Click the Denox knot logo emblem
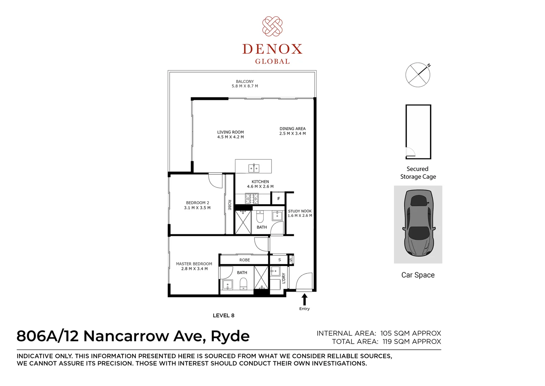[x=272, y=26]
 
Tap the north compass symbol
[x=418, y=75]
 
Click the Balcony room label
[x=245, y=84]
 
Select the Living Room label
[x=231, y=134]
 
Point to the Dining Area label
[x=292, y=131]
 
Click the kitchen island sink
[x=254, y=168]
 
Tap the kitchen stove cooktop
[x=252, y=198]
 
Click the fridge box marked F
[x=278, y=198]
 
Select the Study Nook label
[x=300, y=213]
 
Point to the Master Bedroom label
[x=194, y=266]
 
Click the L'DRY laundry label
[x=284, y=278]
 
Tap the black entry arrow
[x=304, y=300]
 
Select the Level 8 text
[x=223, y=315]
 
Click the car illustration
[x=418, y=224]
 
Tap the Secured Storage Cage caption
[x=418, y=173]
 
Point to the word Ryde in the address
[x=230, y=336]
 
